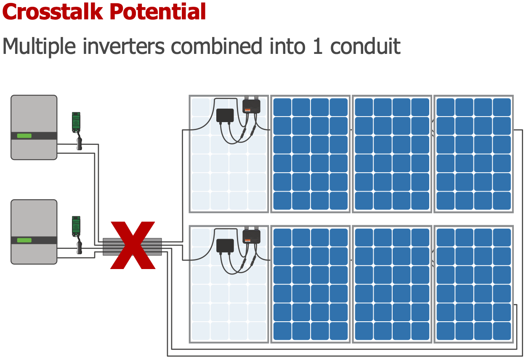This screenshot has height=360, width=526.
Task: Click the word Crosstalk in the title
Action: [53, 11]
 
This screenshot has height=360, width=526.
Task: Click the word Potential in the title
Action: [157, 11]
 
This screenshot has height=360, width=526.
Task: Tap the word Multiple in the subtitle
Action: [39, 47]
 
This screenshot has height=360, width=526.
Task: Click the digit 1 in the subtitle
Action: [318, 47]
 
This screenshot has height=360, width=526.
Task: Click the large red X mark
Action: [133, 245]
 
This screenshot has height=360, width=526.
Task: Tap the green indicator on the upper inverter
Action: [24, 136]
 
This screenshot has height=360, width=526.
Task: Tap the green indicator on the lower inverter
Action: [24, 240]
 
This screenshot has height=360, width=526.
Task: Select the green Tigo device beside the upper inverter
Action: [76, 122]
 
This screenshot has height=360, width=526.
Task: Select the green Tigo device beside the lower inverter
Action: [76, 226]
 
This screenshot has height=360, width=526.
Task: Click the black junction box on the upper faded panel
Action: [225, 115]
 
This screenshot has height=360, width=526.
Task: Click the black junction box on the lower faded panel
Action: [225, 245]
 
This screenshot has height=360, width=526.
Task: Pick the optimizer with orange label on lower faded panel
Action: [251, 237]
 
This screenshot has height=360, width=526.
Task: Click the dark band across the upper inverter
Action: [34, 136]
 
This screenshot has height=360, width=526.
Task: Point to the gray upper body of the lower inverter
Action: [34, 218]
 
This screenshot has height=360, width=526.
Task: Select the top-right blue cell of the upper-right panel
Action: [502, 107]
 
